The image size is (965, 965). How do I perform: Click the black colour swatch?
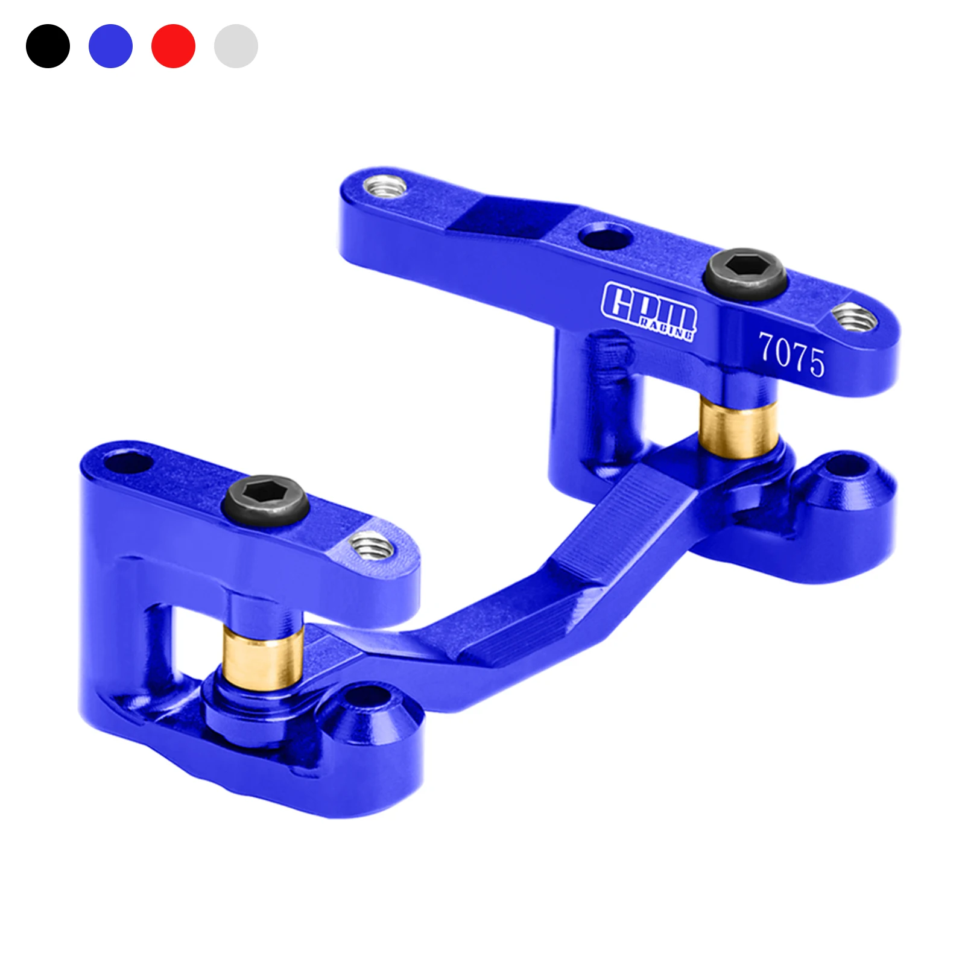pyautogui.click(x=48, y=46)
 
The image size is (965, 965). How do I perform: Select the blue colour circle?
pyautogui.click(x=110, y=46)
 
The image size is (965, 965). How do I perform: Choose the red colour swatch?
pyautogui.click(x=173, y=46)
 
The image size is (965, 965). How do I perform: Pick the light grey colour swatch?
pyautogui.click(x=236, y=46)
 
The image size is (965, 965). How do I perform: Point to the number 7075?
pyautogui.click(x=791, y=355)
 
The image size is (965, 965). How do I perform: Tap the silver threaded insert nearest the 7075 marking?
pyautogui.click(x=853, y=317)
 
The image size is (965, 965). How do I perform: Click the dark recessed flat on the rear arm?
pyautogui.click(x=510, y=217)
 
